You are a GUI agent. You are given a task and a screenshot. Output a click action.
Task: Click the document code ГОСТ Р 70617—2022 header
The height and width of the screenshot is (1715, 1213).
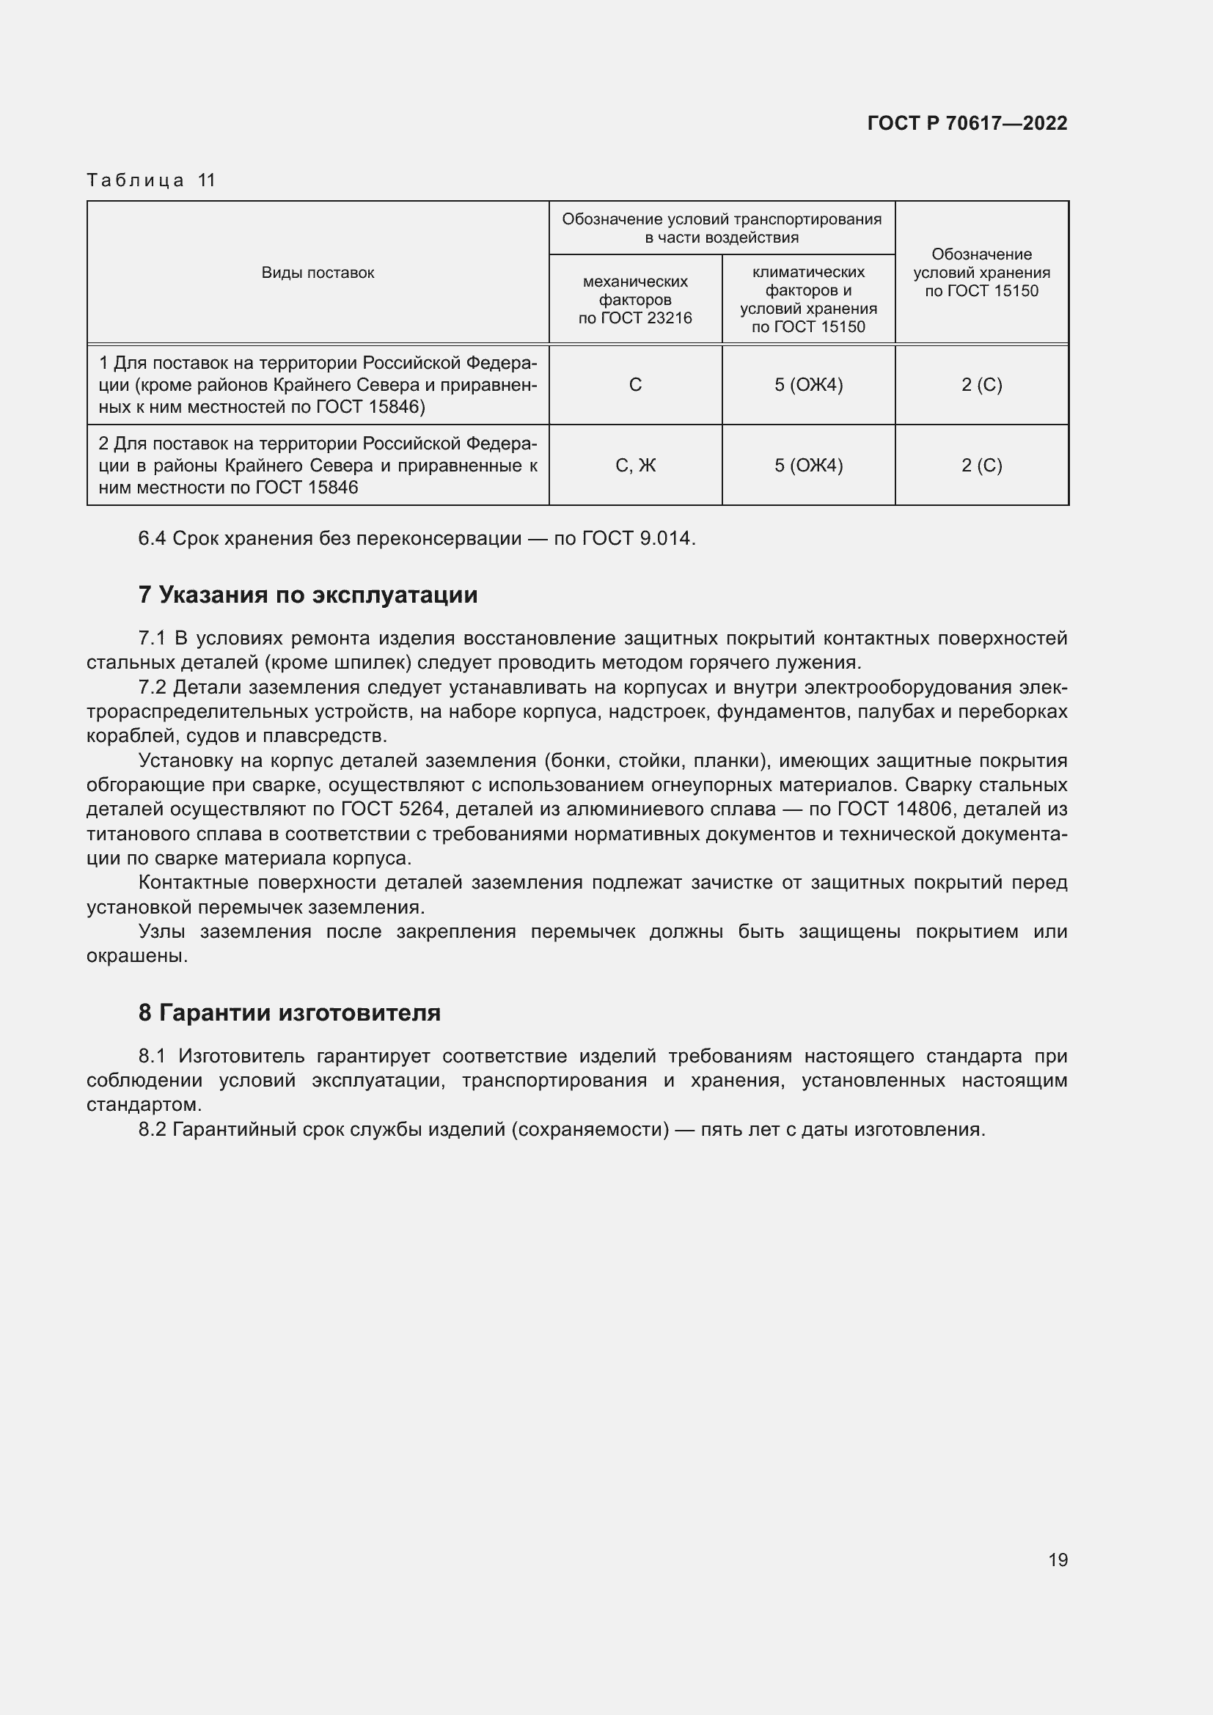(967, 123)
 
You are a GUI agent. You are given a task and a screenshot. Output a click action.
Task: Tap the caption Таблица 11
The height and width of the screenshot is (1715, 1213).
(151, 180)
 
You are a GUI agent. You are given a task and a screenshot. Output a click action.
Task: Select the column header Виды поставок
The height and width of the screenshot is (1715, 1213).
(318, 273)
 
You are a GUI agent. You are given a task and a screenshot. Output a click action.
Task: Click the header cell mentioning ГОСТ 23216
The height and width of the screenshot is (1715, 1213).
(635, 300)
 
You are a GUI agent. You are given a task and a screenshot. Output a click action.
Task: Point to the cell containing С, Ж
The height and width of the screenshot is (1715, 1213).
(635, 466)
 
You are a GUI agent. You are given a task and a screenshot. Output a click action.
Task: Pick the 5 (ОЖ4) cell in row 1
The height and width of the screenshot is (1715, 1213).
(808, 385)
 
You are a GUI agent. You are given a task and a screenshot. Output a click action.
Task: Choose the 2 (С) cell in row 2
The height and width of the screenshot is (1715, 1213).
(981, 466)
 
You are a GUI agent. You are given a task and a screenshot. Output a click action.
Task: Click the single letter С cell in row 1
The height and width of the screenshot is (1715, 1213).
(635, 385)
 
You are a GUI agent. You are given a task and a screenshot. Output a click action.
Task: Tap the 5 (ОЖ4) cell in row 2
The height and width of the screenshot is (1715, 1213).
(808, 466)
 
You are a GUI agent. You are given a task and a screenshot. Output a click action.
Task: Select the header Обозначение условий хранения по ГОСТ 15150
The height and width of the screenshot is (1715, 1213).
(981, 273)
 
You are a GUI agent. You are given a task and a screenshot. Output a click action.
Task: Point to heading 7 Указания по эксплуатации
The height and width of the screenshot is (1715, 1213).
(308, 595)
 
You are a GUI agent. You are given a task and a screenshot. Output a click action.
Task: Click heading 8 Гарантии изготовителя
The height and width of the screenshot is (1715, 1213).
(289, 1012)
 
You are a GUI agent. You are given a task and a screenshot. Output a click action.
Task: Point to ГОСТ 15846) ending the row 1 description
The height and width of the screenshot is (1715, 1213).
(370, 407)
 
